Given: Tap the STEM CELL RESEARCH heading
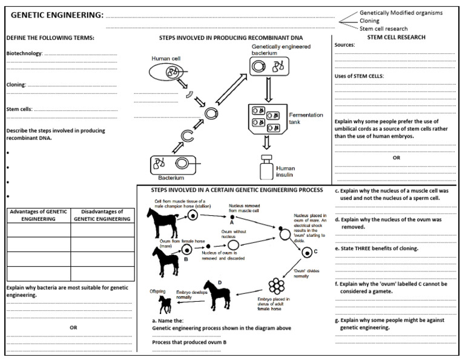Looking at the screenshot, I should pyautogui.click(x=396, y=38).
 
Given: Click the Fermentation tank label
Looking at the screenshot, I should pyautogui.click(x=306, y=118).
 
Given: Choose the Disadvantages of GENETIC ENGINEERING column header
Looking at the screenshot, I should pyautogui.click(x=102, y=215).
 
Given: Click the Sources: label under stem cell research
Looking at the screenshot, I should pyautogui.click(x=345, y=45).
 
